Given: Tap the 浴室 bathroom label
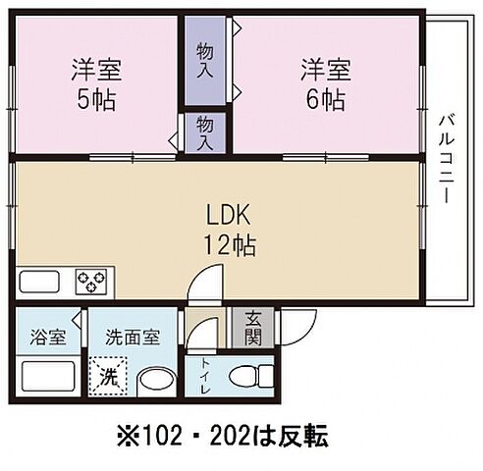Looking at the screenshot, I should coord(47,338).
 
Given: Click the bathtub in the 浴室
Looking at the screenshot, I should coord(46,377).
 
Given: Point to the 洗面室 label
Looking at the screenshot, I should coord(133,338).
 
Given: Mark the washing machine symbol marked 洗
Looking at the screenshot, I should coord(110,377).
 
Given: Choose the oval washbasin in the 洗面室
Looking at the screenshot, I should coord(152,379).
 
